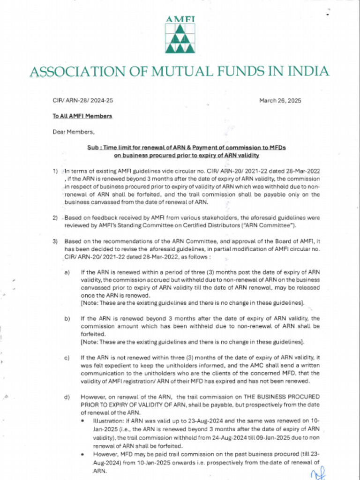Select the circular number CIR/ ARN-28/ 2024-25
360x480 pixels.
(x=82, y=101)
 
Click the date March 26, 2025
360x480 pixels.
(x=280, y=101)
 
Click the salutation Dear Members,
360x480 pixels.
(x=73, y=132)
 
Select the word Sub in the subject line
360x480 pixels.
(x=93, y=147)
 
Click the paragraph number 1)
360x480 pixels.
(x=55, y=171)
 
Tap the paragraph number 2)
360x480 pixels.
(x=55, y=218)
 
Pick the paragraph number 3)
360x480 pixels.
(x=55, y=241)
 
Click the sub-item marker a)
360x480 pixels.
(x=67, y=272)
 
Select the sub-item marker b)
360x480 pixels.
(x=67, y=319)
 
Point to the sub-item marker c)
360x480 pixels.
(x=67, y=358)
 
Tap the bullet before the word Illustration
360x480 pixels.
(x=82, y=421)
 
